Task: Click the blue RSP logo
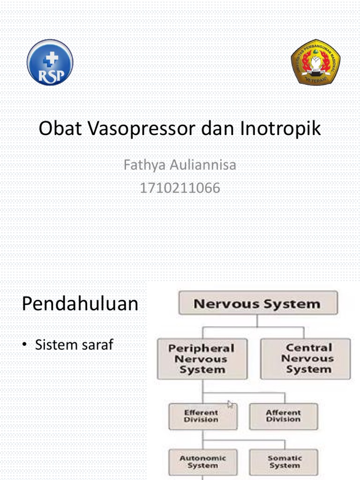pos(50,62)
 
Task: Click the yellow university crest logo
pos(315,62)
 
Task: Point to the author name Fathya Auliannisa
pos(180,165)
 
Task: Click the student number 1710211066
pos(180,188)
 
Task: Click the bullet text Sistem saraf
pos(74,345)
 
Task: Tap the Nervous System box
pos(257,303)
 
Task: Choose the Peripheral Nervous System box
pos(202,359)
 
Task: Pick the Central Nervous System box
pos(305,359)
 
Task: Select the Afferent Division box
pos(283,416)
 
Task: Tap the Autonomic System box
pos(202,462)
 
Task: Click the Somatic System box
pos(283,462)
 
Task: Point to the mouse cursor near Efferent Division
pos(230,404)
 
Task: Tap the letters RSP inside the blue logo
pos(50,76)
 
